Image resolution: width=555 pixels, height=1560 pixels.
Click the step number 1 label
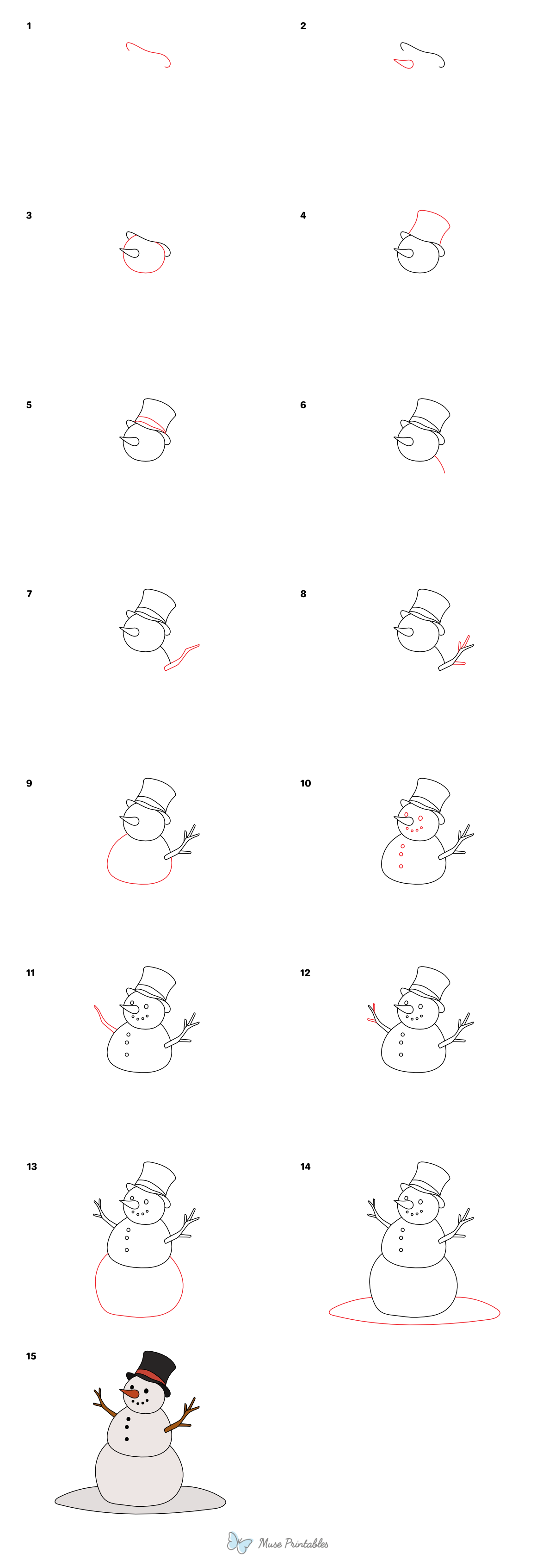(x=29, y=26)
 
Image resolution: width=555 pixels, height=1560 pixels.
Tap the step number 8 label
(x=303, y=594)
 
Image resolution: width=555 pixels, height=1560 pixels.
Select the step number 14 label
(x=305, y=1167)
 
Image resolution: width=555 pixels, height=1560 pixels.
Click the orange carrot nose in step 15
(x=130, y=1393)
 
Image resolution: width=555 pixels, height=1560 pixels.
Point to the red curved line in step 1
(x=147, y=51)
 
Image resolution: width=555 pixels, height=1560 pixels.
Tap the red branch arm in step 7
(x=182, y=658)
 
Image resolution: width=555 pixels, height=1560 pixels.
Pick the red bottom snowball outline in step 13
(x=139, y=1317)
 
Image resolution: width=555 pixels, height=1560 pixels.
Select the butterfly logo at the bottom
(x=240, y=1542)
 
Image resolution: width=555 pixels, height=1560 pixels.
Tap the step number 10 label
(x=305, y=784)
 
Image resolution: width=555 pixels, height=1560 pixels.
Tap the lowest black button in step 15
(x=127, y=1439)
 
